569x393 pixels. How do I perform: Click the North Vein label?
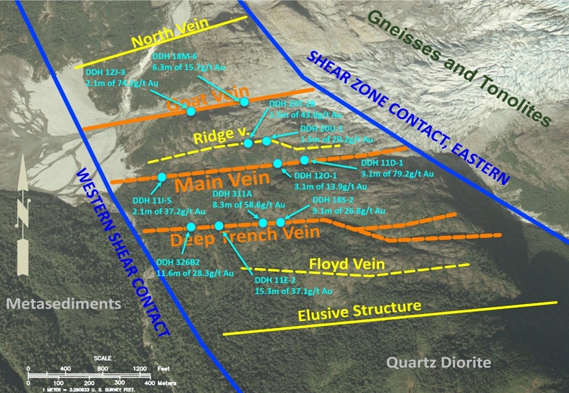[160, 41]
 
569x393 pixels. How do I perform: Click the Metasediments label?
[61, 303]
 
